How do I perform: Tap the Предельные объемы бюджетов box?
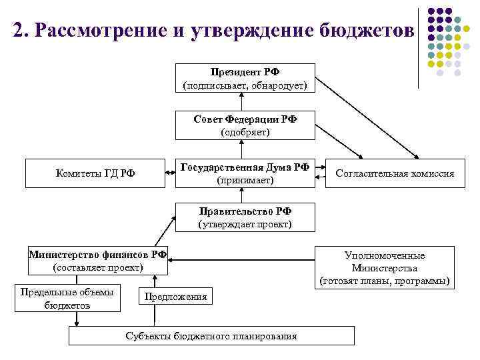pyautogui.click(x=67, y=298)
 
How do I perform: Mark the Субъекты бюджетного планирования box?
pyautogui.click(x=211, y=335)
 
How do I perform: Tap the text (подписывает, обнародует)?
pyautogui.click(x=245, y=85)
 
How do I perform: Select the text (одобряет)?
pyautogui.click(x=245, y=132)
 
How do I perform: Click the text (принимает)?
pyautogui.click(x=245, y=180)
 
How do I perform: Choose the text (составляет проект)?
pyautogui.click(x=97, y=267)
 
